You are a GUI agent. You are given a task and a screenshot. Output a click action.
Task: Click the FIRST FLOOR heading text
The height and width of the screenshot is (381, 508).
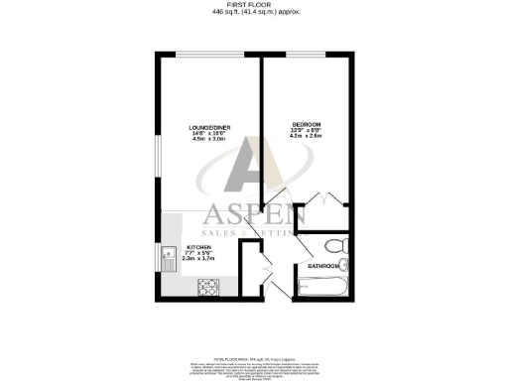[x=255, y=5]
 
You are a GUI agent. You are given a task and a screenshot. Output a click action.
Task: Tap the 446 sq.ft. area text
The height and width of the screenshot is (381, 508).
[x=255, y=13]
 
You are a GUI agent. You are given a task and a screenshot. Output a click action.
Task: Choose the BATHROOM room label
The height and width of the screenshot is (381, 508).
[x=323, y=267]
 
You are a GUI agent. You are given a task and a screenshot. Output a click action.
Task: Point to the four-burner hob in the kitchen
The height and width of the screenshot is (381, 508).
[x=210, y=288]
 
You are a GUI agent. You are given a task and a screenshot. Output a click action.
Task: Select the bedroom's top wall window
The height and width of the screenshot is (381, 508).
[x=302, y=52]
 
